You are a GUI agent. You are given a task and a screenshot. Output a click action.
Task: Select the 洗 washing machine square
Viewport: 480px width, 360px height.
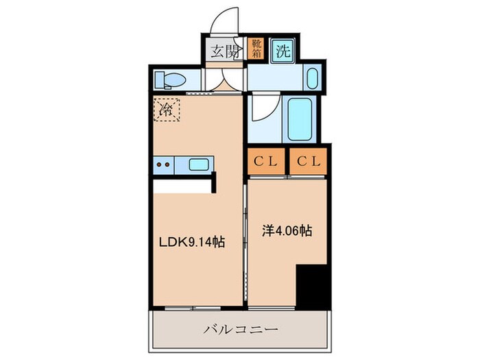[x=281, y=50]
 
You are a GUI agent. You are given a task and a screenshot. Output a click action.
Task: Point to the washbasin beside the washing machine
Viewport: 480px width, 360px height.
[x=311, y=80]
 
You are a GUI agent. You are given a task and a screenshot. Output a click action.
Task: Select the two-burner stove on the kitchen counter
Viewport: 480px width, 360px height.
[x=164, y=164]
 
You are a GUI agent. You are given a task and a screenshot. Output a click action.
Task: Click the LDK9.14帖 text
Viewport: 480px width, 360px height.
[x=193, y=242]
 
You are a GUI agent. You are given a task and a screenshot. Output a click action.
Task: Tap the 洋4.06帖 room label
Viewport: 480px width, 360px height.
[x=287, y=231]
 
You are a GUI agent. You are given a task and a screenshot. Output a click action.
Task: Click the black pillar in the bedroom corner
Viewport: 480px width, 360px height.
[x=313, y=285]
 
